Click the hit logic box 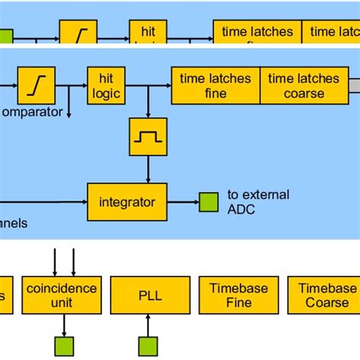(105, 85)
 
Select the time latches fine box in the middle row (216, 85)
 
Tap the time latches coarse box (303, 85)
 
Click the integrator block (127, 202)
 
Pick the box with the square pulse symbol (147, 137)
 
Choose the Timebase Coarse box (327, 295)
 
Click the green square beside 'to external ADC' (207, 202)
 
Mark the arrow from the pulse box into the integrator (147, 169)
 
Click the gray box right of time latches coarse (354, 85)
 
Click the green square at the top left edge (5, 36)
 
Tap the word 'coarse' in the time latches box (303, 93)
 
